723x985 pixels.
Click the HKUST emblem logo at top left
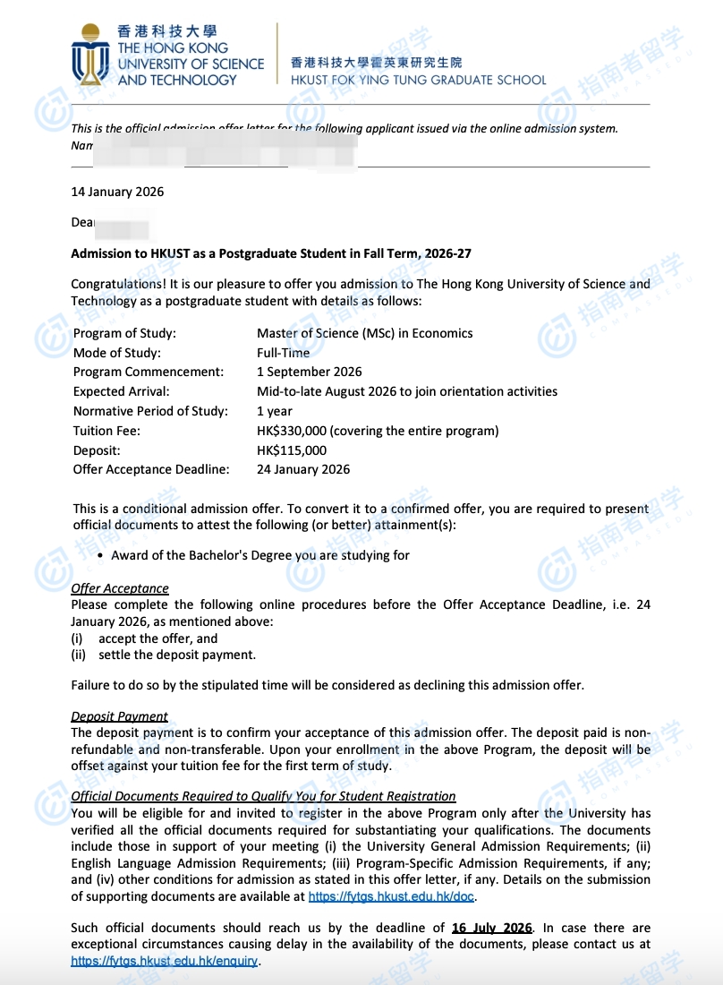point(91,55)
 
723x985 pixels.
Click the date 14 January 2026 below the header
point(117,192)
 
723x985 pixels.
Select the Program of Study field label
point(124,333)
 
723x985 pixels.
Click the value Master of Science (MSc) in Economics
point(364,333)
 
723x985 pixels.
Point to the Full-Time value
point(283,353)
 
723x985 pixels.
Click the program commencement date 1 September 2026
point(310,372)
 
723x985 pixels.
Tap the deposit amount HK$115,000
point(292,450)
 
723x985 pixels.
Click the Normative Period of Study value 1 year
point(275,411)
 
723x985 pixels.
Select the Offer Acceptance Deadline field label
point(151,469)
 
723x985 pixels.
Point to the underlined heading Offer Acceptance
point(120,588)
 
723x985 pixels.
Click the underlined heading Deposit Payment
point(119,716)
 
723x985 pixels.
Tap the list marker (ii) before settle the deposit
point(80,655)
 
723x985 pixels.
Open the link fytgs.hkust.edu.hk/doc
point(392,896)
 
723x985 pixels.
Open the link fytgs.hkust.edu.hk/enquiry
point(165,961)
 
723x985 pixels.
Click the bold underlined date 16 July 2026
point(492,928)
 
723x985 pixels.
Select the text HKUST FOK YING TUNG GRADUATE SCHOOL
point(418,80)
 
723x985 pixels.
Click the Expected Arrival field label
point(121,391)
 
